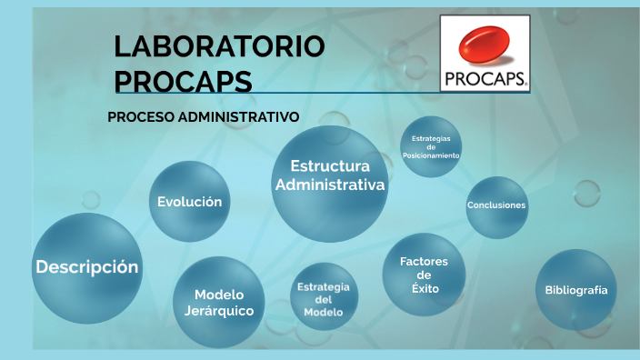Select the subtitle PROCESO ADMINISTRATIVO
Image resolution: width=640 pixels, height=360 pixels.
(203, 117)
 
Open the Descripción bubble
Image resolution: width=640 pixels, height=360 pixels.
(87, 267)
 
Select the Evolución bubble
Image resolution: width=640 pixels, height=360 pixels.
(189, 202)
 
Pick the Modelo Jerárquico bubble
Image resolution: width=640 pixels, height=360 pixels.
(218, 302)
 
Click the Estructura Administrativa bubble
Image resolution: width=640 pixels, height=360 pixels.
(330, 176)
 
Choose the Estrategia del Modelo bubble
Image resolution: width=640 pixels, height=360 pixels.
(324, 299)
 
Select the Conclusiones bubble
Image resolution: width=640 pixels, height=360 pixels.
(496, 205)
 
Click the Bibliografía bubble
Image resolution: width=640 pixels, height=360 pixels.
(575, 290)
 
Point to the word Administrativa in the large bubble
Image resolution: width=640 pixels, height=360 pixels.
(330, 185)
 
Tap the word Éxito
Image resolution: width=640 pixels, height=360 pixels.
(424, 288)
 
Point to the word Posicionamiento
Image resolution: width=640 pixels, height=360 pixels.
(431, 155)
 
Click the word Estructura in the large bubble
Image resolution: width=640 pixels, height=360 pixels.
(330, 166)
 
